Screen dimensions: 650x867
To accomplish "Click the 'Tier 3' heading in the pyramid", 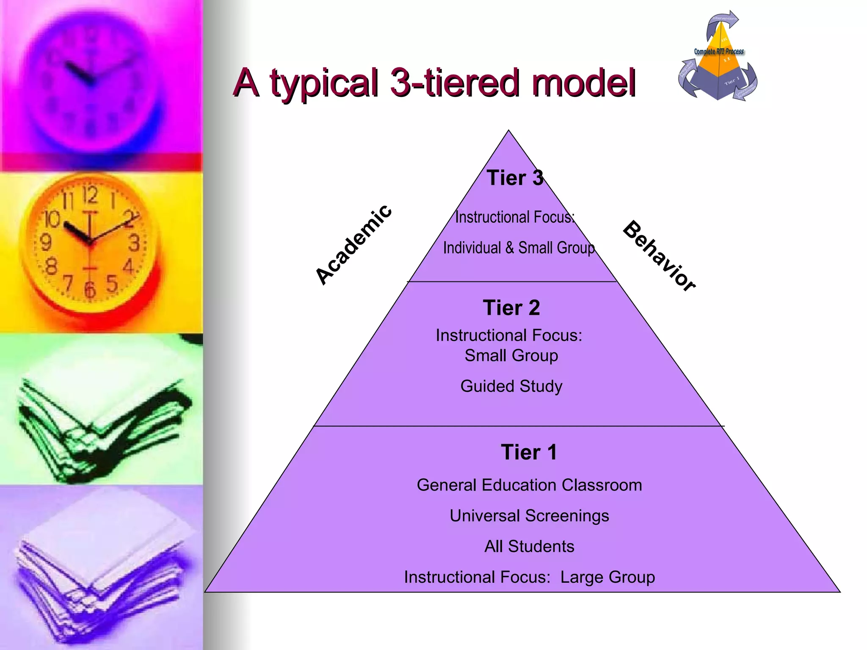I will point(515,178).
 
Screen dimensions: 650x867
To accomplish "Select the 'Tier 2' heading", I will point(511,308).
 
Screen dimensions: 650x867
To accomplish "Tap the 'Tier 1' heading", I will point(529,452).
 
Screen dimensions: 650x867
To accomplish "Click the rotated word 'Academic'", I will point(354,244).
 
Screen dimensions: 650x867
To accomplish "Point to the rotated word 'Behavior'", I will point(659,256).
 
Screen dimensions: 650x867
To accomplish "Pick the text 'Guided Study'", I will point(511,386).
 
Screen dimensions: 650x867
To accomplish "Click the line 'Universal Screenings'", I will point(529,515).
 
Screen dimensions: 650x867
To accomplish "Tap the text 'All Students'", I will point(529,546).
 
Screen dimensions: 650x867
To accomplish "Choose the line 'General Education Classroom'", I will point(529,485).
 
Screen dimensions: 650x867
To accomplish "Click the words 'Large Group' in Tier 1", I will point(607,577).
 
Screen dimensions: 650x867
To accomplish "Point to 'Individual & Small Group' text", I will point(519,248).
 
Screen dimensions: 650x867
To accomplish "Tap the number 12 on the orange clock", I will point(90,196).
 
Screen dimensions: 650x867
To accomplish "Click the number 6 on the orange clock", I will point(90,290).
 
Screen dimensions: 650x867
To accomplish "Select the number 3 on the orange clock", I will point(134,243).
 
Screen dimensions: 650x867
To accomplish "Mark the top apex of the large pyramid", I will point(508,131).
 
